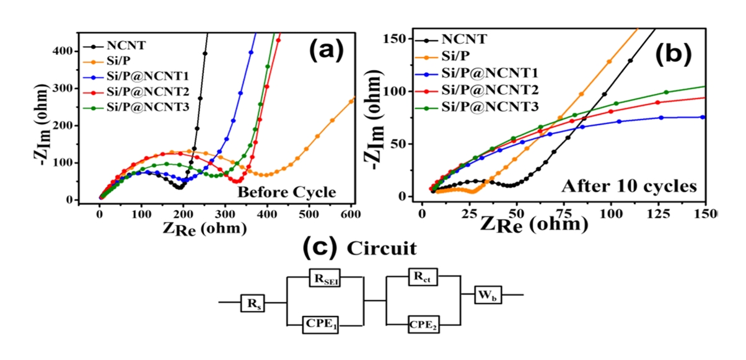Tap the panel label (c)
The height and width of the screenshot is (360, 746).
click(321, 248)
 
